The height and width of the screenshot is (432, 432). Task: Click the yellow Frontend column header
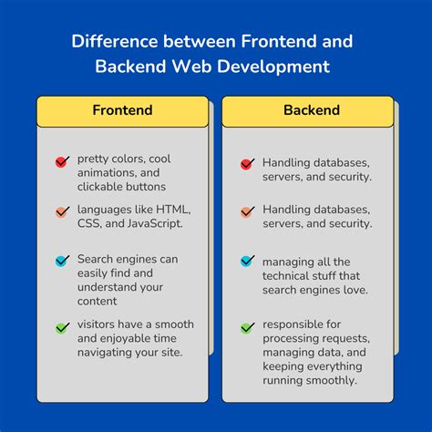[122, 110]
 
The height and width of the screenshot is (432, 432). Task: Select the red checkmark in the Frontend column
[62, 162]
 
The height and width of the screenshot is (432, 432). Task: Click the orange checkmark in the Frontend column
[62, 211]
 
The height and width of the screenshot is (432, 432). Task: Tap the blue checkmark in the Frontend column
[62, 261]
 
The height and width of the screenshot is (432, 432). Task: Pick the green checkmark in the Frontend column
[62, 327]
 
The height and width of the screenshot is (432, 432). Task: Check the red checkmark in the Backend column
[247, 164]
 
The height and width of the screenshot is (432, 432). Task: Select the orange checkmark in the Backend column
[247, 211]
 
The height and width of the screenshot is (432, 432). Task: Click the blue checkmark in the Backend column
[247, 261]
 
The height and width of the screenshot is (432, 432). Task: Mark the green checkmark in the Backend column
[247, 327]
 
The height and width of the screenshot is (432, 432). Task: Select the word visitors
[98, 324]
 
